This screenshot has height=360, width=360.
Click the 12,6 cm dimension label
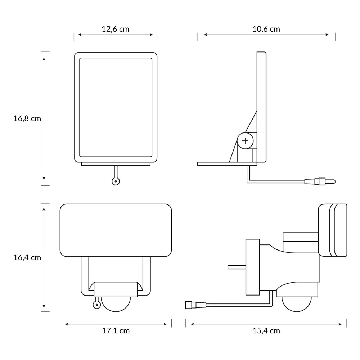click(116, 29)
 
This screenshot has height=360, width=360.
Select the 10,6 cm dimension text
click(266, 29)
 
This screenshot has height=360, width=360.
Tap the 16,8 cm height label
click(27, 118)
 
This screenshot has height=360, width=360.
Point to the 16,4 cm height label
click(27, 258)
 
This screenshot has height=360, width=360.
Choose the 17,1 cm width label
click(116, 331)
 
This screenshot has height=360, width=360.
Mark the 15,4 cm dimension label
click(266, 331)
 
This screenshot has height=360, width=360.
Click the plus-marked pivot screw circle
click(245, 140)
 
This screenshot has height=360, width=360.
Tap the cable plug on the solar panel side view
click(320, 181)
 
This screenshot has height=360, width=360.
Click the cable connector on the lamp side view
click(196, 305)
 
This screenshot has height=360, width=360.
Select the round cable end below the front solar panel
click(116, 181)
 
